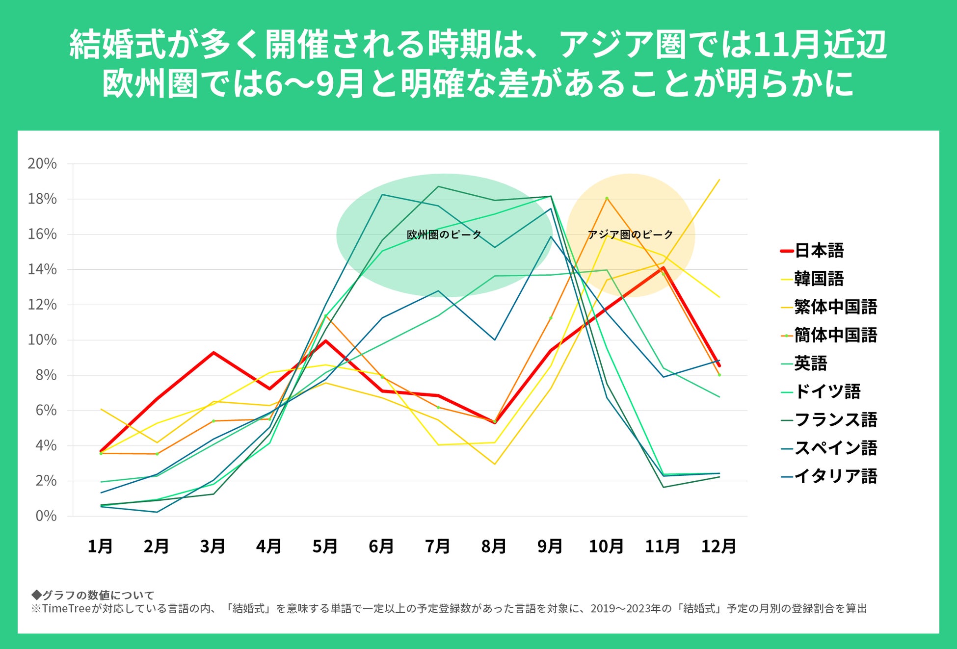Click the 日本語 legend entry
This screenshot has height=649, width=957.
click(x=819, y=251)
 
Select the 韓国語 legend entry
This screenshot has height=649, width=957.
click(x=819, y=279)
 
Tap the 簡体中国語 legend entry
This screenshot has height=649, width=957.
click(x=835, y=335)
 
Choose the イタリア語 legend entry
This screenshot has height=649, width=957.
click(x=835, y=476)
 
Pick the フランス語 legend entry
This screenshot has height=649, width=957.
click(x=835, y=419)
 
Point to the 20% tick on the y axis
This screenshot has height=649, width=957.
click(x=42, y=163)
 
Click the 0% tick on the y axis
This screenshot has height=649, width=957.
click(x=46, y=516)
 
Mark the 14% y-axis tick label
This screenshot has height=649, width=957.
click(x=42, y=269)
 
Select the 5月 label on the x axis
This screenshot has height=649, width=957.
click(x=325, y=546)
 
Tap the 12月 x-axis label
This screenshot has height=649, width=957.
click(x=718, y=546)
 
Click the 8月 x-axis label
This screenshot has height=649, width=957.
click(x=494, y=546)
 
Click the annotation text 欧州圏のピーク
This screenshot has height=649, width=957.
click(x=444, y=234)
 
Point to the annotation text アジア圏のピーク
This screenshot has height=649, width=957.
click(x=630, y=234)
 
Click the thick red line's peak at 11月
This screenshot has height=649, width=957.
click(x=663, y=268)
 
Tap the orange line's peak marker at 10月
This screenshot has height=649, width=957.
click(x=607, y=198)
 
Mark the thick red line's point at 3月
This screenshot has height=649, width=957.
click(x=213, y=353)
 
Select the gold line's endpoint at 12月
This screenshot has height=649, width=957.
click(x=719, y=180)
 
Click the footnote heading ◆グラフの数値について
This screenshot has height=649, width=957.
click(x=93, y=595)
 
